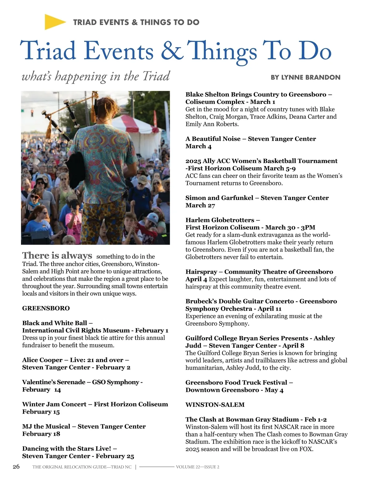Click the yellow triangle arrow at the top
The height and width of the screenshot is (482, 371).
(x=54, y=22)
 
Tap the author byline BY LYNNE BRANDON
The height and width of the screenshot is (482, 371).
(x=305, y=77)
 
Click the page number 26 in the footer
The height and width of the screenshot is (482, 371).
(x=16, y=467)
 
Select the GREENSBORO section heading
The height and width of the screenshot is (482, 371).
(x=46, y=308)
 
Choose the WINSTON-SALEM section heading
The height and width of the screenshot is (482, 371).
(x=215, y=405)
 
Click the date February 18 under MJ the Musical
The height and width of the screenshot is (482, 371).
(x=41, y=434)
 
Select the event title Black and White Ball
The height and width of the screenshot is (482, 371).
(x=54, y=323)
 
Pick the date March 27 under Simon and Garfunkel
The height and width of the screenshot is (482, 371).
(x=200, y=205)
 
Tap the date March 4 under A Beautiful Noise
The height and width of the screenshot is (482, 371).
(x=198, y=146)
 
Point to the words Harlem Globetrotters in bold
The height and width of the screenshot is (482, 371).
(x=220, y=220)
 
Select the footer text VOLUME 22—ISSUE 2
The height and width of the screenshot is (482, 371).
(x=198, y=467)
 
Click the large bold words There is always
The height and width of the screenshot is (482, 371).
(x=57, y=256)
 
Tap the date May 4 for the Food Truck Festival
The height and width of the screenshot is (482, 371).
(x=274, y=390)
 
